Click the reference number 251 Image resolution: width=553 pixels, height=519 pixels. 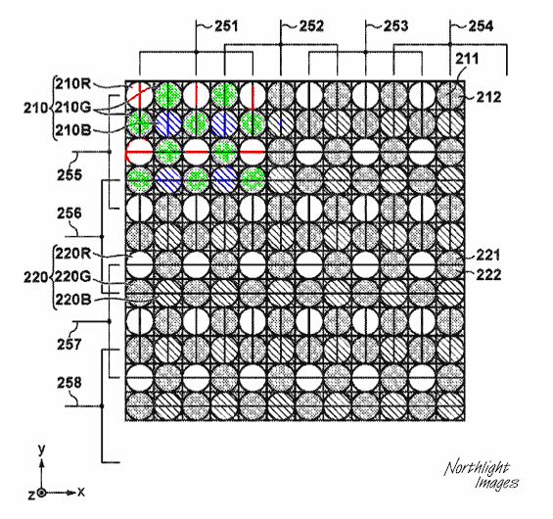pyautogui.click(x=226, y=26)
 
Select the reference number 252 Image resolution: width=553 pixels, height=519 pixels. pyautogui.click(x=311, y=26)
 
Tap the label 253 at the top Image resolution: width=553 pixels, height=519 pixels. pyautogui.click(x=395, y=26)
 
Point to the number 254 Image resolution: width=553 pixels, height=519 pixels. pyautogui.click(x=481, y=26)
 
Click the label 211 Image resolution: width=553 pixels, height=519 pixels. pyautogui.click(x=467, y=59)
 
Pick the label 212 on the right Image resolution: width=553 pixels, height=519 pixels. pyautogui.click(x=488, y=97)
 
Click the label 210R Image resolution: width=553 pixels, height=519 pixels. pyautogui.click(x=73, y=84)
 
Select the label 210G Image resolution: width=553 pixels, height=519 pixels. pyautogui.click(x=73, y=107)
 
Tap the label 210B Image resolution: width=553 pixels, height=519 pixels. pyautogui.click(x=73, y=130)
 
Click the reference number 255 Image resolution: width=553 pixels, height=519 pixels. pyautogui.click(x=69, y=174)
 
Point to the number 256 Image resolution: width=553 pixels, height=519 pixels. pyautogui.click(x=69, y=213)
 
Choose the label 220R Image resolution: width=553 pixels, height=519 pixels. pyautogui.click(x=73, y=254)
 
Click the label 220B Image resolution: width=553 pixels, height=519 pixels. pyautogui.click(x=73, y=300)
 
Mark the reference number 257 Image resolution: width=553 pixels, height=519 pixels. pyautogui.click(x=69, y=344)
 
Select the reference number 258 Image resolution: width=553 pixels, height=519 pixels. pyautogui.click(x=69, y=383)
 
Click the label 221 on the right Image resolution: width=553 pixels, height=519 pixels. pyautogui.click(x=488, y=255)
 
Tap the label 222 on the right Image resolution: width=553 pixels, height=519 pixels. pyautogui.click(x=488, y=275)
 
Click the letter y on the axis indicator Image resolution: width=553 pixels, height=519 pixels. pyautogui.click(x=42, y=449)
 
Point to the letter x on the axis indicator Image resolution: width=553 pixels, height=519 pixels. pyautogui.click(x=81, y=492)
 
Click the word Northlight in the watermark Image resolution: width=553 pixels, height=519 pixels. pyautogui.click(x=477, y=468)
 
